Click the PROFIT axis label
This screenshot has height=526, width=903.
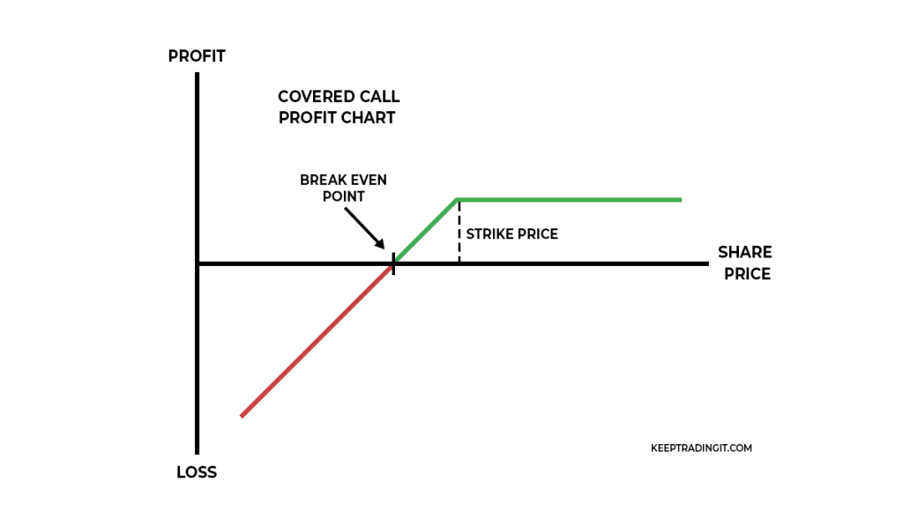pos(197,56)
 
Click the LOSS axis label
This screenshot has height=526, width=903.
pos(197,472)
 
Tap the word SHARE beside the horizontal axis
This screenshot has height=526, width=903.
pos(744,253)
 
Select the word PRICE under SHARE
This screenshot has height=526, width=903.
pos(747,274)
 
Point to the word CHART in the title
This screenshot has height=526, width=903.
pos(370,118)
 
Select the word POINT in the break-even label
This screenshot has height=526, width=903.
pos(343,196)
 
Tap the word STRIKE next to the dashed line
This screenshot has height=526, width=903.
pos(489,234)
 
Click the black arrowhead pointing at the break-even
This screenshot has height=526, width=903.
pos(380,246)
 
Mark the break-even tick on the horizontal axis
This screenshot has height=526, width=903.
pos(393,263)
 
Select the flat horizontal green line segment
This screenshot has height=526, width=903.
pos(569,200)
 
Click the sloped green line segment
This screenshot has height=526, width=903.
pos(425,232)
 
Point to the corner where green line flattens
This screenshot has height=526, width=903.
pos(458,200)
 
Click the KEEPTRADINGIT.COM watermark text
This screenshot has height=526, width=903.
pos(700,448)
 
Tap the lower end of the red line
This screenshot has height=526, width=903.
pos(243,415)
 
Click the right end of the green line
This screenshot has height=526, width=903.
pos(680,200)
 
